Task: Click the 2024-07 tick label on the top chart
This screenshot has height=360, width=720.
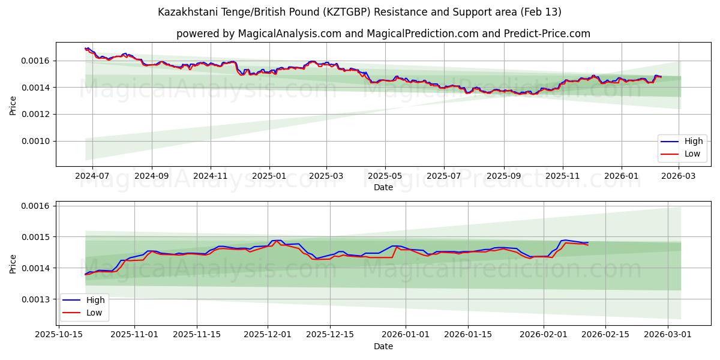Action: pyautogui.click(x=92, y=176)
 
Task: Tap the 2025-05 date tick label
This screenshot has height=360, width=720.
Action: pyautogui.click(x=385, y=176)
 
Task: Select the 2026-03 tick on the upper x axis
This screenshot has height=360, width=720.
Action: pyautogui.click(x=679, y=176)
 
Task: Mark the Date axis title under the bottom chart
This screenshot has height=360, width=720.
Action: pyautogui.click(x=383, y=346)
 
